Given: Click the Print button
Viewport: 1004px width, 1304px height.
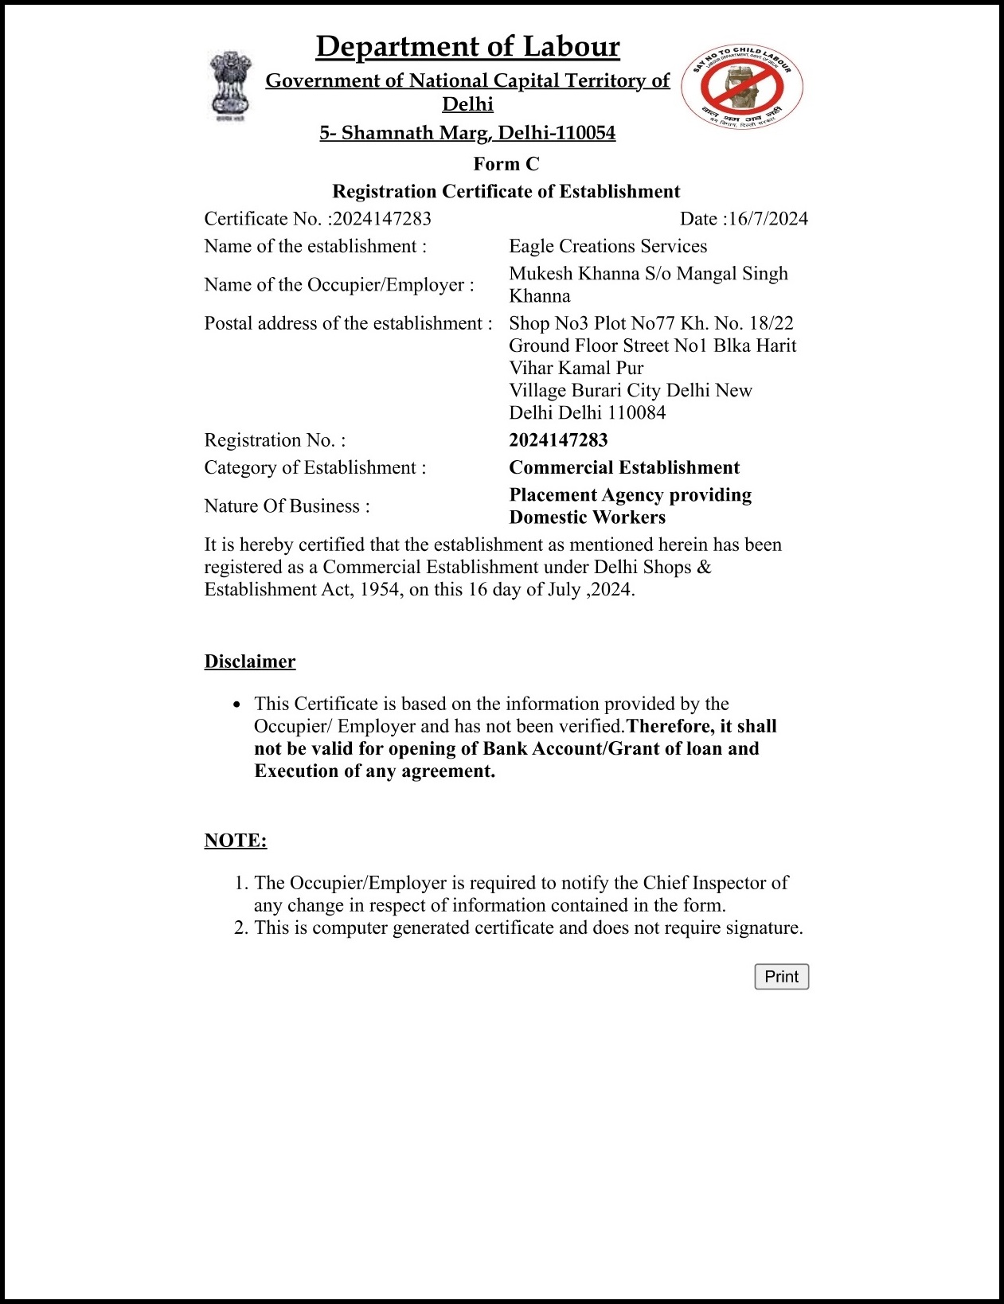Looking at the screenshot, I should [781, 977].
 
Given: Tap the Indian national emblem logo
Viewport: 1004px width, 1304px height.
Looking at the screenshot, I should [230, 86].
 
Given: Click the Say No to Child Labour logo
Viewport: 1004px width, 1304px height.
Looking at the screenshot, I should [741, 87].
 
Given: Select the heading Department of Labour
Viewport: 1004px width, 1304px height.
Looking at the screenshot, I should [467, 47].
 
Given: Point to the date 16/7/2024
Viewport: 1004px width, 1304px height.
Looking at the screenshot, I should [768, 219].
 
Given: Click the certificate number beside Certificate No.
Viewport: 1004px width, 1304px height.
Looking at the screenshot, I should [382, 219].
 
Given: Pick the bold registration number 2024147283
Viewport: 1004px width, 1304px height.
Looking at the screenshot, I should [558, 440].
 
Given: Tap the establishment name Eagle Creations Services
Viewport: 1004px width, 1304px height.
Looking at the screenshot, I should [607, 246].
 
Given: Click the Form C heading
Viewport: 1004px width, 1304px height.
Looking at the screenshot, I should [506, 164].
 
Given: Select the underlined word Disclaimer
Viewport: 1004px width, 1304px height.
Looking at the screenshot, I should [250, 662].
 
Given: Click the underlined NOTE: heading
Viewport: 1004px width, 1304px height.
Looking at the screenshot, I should [236, 841].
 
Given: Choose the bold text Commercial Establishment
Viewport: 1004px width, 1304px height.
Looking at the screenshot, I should [624, 467].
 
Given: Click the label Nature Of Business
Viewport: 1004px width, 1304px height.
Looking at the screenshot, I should [287, 506].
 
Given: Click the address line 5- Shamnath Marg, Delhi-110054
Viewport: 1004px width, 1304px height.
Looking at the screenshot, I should [467, 133].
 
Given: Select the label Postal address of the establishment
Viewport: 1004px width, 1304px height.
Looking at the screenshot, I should [348, 323].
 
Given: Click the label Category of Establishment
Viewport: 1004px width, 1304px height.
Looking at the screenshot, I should [314, 467].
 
